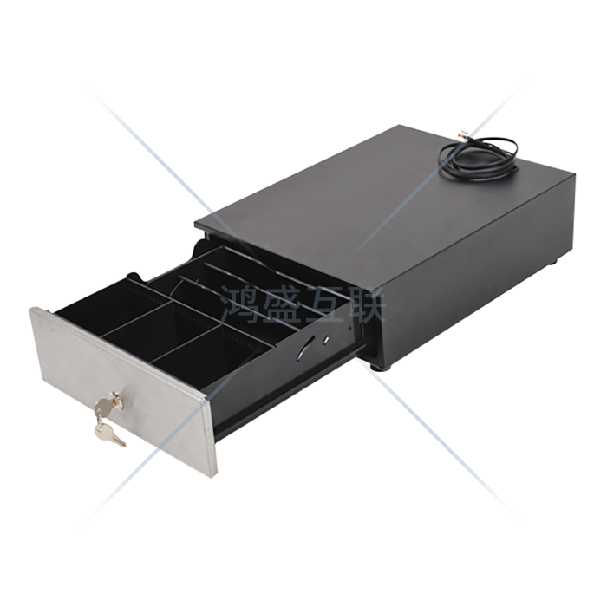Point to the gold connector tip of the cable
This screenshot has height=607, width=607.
point(462,134)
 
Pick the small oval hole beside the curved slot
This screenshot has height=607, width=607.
point(326,340)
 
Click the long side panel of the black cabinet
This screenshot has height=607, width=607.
point(476,275)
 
